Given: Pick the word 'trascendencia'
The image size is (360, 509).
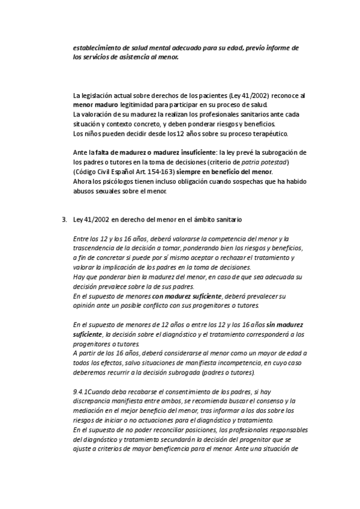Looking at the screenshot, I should [x=95, y=248].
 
